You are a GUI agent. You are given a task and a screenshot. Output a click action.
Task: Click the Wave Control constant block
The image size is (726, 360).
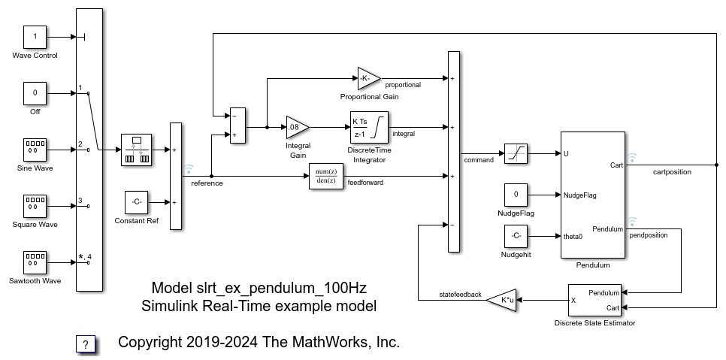tap(35, 36)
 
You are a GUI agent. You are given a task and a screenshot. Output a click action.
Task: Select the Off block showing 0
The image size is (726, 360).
tap(35, 93)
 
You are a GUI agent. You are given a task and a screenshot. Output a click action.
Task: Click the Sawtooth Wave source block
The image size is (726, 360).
tap(35, 262)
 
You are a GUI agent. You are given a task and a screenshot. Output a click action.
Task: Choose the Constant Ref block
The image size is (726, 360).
tap(136, 202)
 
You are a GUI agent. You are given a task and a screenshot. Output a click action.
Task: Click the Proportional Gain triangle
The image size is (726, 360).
tap(368, 78)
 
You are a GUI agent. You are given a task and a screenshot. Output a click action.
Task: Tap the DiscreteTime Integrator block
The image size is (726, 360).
tap(368, 127)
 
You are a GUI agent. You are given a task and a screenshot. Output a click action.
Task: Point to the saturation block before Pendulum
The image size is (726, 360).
tap(516, 153)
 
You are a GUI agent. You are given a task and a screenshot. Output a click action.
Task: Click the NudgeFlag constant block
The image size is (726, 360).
tap(516, 195)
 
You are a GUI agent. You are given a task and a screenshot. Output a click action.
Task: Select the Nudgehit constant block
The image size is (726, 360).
tap(516, 236)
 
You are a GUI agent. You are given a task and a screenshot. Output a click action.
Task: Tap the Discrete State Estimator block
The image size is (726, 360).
tap(594, 300)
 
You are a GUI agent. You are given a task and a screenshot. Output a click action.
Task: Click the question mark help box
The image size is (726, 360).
tap(86, 344)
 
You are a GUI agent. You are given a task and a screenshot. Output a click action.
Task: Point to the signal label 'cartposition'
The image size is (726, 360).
tap(671, 172)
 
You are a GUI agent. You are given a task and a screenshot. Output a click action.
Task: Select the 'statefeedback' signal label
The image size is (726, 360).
tap(461, 294)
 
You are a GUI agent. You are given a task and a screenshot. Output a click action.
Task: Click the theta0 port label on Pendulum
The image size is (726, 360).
tap(573, 236)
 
